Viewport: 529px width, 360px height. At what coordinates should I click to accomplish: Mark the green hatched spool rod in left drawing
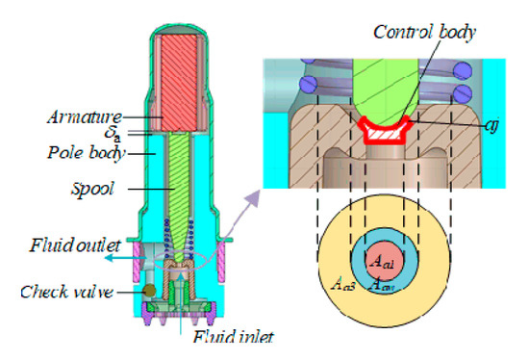(x=180, y=183)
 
